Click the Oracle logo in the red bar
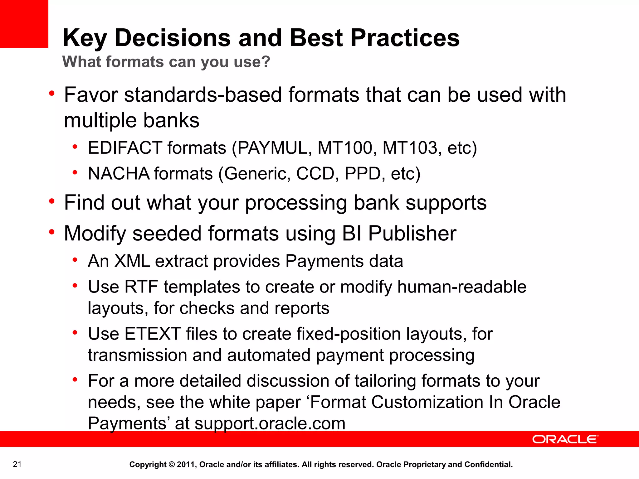pyautogui.click(x=565, y=439)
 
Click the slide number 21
pyautogui.click(x=17, y=464)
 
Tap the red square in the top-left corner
pyautogui.click(x=24, y=24)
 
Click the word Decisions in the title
pyautogui.click(x=173, y=38)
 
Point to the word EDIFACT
pyautogui.click(x=125, y=148)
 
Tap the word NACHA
pyautogui.click(x=119, y=173)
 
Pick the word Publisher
pyautogui.click(x=412, y=234)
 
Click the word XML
pyautogui.click(x=132, y=261)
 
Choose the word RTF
pyautogui.click(x=141, y=287)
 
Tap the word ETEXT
pyautogui.click(x=153, y=334)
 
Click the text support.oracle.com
pyautogui.click(x=270, y=423)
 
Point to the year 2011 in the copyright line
pyautogui.click(x=186, y=464)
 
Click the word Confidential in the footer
pyautogui.click(x=489, y=464)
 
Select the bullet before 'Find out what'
pyautogui.click(x=52, y=201)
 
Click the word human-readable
pyautogui.click(x=462, y=287)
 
